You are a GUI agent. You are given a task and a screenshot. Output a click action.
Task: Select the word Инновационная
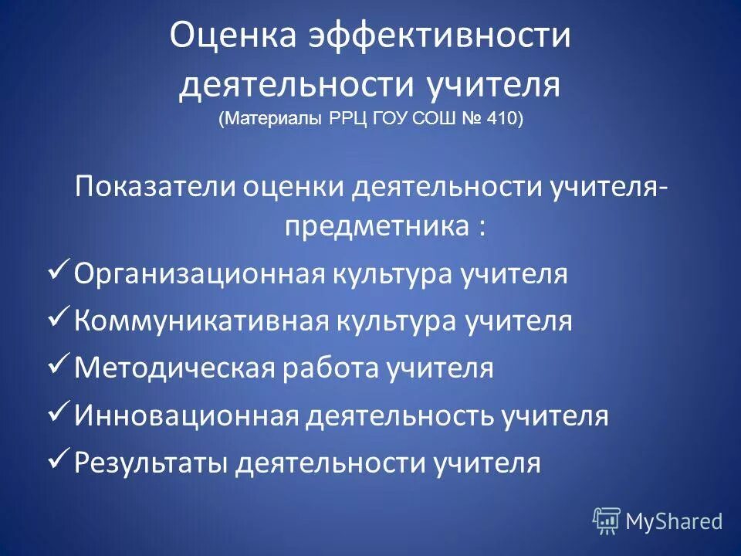186,417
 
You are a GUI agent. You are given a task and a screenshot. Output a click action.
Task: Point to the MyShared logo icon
606,520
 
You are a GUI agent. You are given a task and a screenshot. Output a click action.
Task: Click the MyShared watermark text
674,521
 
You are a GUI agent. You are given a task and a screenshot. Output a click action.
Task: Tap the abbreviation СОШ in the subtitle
421,120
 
